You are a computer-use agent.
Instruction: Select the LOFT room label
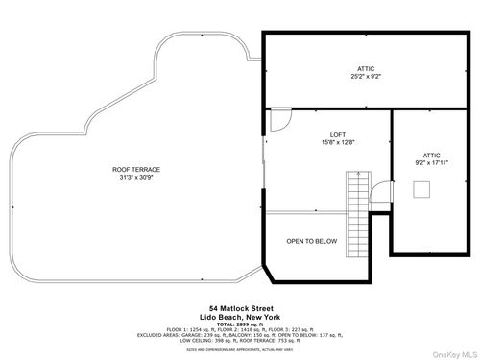337,134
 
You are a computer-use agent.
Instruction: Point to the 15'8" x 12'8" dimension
337,143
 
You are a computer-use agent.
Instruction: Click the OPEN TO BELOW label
311,242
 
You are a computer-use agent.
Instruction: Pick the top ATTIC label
364,68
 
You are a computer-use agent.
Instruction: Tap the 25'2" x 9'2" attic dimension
364,77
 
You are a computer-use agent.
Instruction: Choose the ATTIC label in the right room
431,155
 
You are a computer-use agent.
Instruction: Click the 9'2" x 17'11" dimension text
431,163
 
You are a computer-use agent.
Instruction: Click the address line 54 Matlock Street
239,307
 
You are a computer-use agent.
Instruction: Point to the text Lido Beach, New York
239,316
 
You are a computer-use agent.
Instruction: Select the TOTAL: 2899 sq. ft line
239,323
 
